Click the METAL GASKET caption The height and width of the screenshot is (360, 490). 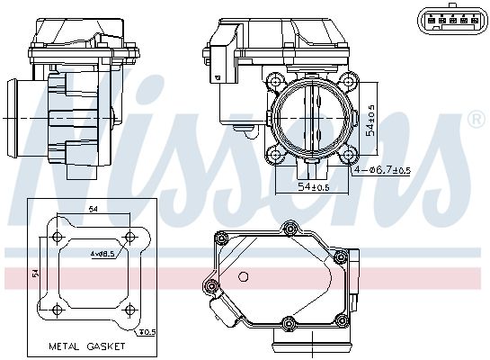pos(87,346)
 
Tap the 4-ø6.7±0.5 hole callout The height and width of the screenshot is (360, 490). pos(382,170)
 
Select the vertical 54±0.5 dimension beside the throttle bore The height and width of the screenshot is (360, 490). pos(371,120)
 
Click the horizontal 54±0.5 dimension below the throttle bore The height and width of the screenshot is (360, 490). pos(314,187)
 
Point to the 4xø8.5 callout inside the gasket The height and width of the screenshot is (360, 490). pos(102,255)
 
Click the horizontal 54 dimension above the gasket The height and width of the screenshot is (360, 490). pos(94,210)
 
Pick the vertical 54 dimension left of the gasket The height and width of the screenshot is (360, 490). pos(36,273)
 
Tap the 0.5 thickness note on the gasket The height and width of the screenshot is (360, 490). pos(147,332)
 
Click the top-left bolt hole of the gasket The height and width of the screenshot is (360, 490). pos(58,237)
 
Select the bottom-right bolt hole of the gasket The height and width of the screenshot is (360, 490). pos(129,310)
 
